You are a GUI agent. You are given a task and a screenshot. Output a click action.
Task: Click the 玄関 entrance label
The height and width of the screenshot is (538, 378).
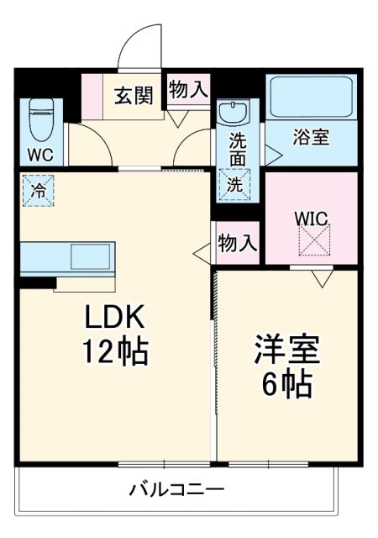point(134,95)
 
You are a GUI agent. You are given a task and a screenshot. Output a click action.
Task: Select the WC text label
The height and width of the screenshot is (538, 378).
point(40,156)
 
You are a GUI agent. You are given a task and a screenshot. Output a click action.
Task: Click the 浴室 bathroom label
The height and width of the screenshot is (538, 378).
point(311,138)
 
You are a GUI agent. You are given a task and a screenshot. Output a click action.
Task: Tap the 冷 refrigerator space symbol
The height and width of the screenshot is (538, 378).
point(37,189)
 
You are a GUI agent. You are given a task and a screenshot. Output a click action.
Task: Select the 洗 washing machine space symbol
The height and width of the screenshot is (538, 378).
point(236,184)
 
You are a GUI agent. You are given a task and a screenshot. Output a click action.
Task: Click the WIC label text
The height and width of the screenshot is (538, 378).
point(311,218)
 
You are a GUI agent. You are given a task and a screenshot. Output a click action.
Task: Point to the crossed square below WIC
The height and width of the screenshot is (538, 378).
point(312,244)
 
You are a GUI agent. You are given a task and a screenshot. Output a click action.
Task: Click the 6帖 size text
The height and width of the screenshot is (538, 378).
point(285,385)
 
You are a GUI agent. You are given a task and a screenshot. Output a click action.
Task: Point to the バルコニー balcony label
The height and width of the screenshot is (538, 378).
point(176,489)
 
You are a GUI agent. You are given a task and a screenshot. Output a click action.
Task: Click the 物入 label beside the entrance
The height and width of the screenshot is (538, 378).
point(187,91)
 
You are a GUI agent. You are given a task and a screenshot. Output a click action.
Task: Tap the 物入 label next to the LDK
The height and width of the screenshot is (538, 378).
point(237,243)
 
